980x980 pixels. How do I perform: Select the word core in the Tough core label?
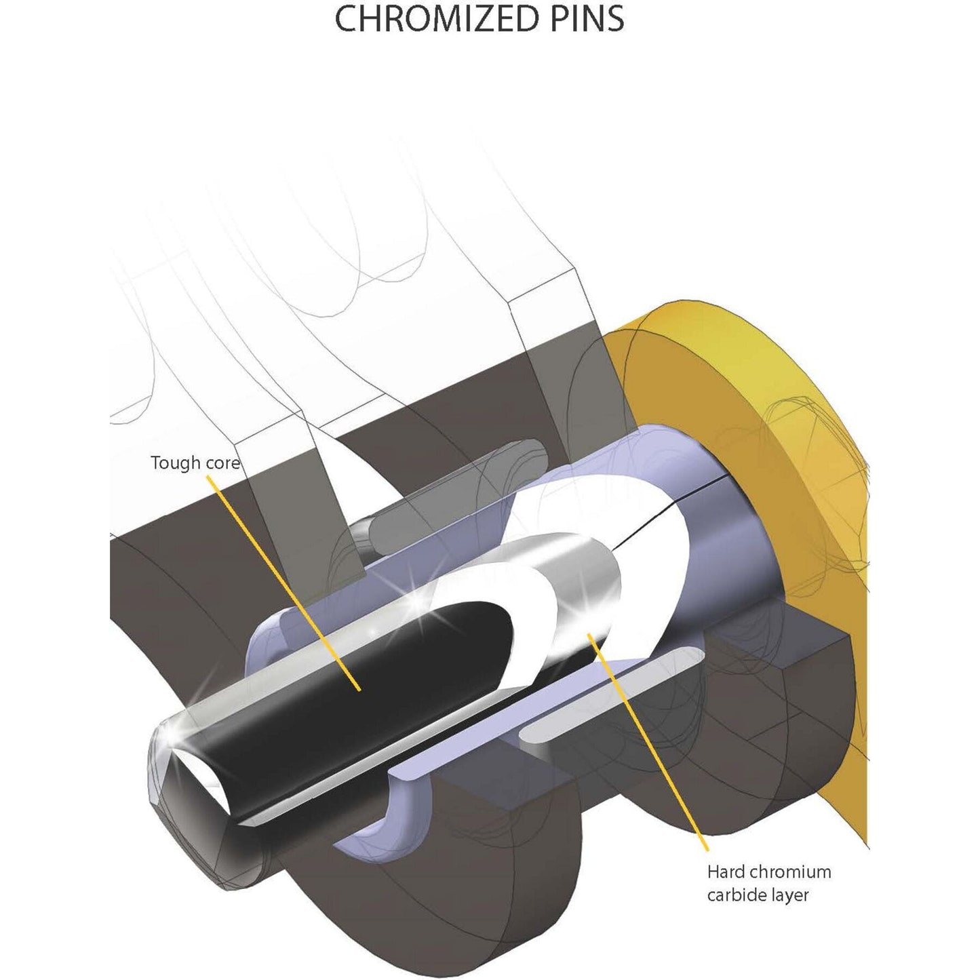[222, 463]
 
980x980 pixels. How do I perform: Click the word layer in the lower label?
[791, 895]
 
